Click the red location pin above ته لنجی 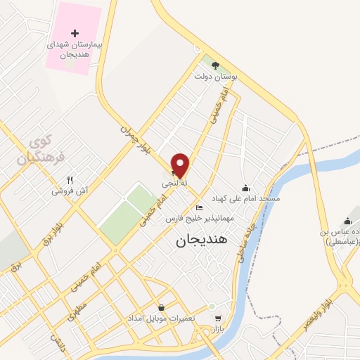(181, 165)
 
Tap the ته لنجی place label (176, 183)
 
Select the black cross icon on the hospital (75, 33)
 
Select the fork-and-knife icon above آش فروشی (69, 180)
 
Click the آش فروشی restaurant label (69, 191)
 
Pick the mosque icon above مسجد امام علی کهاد (245, 188)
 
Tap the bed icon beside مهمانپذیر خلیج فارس (200, 208)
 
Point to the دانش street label (57, 340)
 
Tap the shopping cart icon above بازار (217, 318)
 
